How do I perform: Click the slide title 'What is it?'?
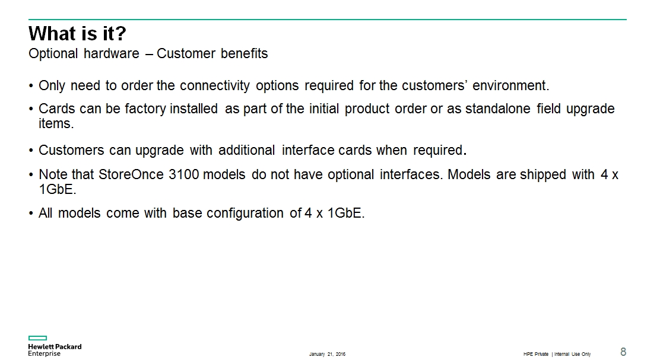[x=77, y=34]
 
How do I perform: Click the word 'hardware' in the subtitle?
[x=111, y=53]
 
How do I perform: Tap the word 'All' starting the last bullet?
[x=46, y=214]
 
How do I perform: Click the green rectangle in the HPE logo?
[x=37, y=338]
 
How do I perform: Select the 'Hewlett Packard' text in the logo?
[x=55, y=346]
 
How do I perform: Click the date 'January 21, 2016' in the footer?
[x=327, y=354]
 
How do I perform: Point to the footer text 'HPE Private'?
[x=536, y=354]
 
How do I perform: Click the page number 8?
[x=623, y=352]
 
